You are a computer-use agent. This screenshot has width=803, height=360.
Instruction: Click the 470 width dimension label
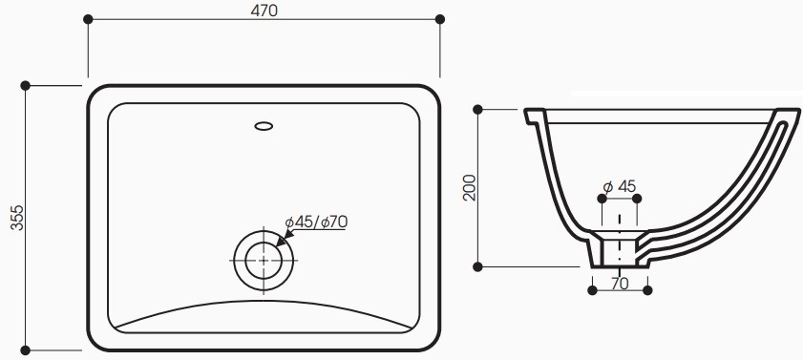(x=264, y=11)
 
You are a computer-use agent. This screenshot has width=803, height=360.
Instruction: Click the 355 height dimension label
(x=13, y=217)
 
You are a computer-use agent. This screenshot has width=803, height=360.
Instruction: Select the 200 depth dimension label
(x=468, y=187)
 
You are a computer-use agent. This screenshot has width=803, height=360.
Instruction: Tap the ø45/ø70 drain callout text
(x=317, y=222)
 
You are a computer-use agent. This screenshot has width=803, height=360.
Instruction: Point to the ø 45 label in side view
(x=620, y=185)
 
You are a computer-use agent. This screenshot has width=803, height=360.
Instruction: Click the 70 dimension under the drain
(x=619, y=283)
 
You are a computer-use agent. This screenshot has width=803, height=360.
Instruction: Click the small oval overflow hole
(x=264, y=123)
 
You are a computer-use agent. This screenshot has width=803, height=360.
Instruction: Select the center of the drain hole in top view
(x=263, y=258)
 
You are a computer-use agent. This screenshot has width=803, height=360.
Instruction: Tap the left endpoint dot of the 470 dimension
(x=88, y=18)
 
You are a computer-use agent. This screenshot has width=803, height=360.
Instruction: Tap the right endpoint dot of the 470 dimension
(x=440, y=18)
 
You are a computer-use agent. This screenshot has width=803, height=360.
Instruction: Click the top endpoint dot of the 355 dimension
(x=26, y=85)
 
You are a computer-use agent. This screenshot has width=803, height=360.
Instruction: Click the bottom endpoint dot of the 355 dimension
(x=26, y=349)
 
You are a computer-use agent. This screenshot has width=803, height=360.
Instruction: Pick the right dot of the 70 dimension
(x=648, y=288)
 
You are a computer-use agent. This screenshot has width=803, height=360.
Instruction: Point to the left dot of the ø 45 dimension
(x=602, y=198)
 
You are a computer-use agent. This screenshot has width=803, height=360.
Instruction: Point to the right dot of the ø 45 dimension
(x=638, y=198)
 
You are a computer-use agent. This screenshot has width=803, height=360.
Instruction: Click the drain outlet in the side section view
(x=620, y=250)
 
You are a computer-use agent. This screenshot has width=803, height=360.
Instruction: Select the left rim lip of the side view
(x=533, y=116)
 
